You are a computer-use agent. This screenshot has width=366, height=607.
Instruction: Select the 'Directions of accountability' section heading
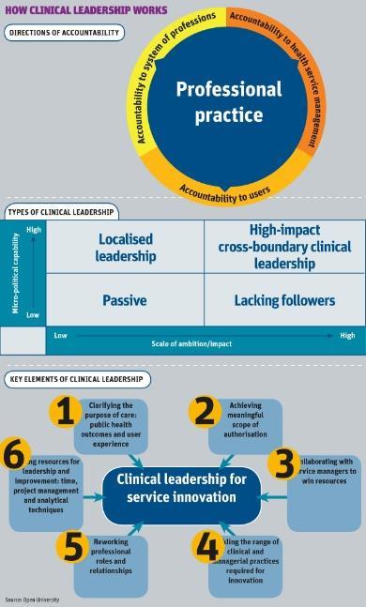[x=65, y=33]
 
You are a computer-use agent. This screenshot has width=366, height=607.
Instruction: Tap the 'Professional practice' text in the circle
[x=229, y=104]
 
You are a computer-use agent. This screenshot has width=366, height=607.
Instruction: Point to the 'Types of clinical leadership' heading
[x=61, y=211]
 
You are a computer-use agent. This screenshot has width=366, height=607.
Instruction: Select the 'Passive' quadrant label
[x=126, y=300]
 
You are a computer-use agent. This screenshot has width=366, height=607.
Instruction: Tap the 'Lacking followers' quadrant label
[x=285, y=300]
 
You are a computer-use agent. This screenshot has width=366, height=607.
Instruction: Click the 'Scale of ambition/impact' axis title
[x=192, y=344]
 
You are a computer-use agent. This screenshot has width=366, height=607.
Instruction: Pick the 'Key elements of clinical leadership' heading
[x=76, y=379]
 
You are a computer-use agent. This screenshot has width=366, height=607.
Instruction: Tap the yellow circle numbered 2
[x=204, y=411]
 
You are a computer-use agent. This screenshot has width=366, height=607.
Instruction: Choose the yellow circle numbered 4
[x=206, y=546]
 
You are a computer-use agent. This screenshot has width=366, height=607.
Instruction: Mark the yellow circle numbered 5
[x=71, y=546]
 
